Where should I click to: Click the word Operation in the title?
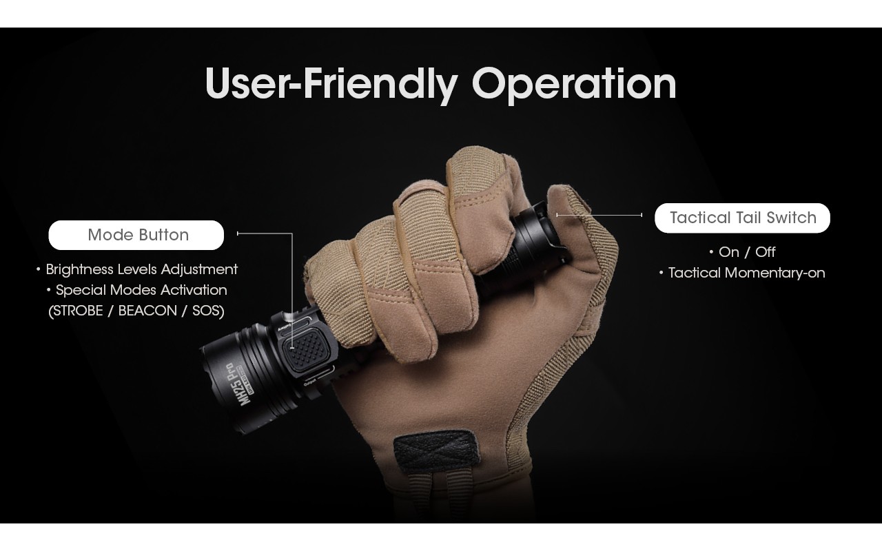pos(573,84)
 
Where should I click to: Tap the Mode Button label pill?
pos(136,235)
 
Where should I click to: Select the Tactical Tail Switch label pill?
pos(742,218)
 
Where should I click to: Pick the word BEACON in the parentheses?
pos(147,311)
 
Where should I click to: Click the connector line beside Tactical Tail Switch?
pos(599,215)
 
